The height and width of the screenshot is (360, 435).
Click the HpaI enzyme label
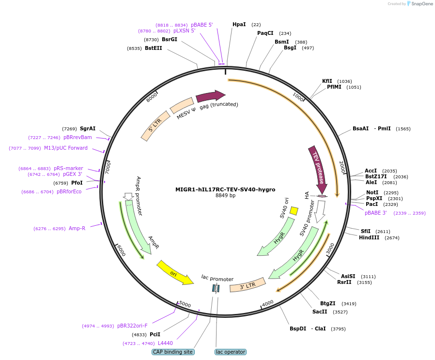click(239, 24)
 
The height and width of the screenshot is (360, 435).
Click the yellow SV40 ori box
click(294, 211)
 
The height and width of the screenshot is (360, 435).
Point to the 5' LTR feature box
click(155, 126)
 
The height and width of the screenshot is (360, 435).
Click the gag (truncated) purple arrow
click(210, 96)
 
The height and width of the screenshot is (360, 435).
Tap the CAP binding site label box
click(173, 352)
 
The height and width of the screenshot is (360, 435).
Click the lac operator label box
click(230, 352)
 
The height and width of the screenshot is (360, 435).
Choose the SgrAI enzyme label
click(88, 128)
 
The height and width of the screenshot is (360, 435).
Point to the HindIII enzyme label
click(369, 237)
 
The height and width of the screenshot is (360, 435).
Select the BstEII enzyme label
click(153, 48)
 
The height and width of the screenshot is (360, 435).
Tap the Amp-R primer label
click(77, 228)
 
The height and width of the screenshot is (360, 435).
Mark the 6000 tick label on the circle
click(121, 250)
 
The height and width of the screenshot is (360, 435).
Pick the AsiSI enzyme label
click(348, 276)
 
